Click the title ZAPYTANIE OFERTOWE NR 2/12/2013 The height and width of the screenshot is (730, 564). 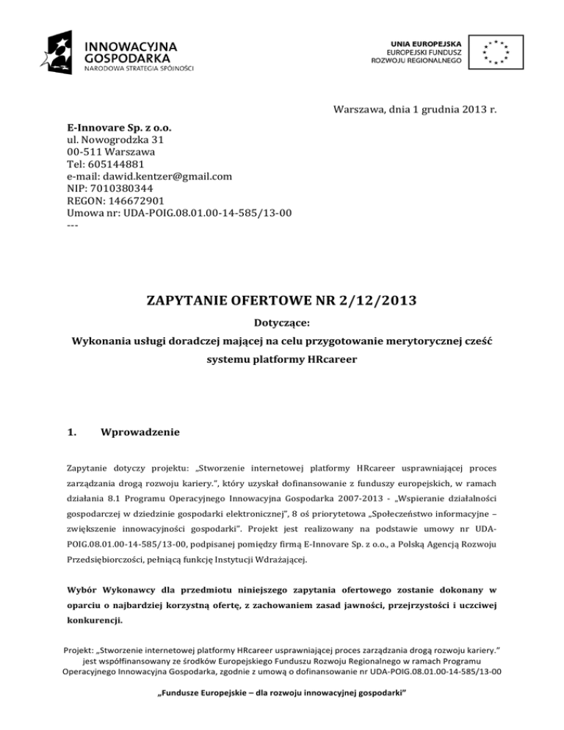click(282, 298)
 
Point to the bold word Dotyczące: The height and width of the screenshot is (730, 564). click(282, 322)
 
